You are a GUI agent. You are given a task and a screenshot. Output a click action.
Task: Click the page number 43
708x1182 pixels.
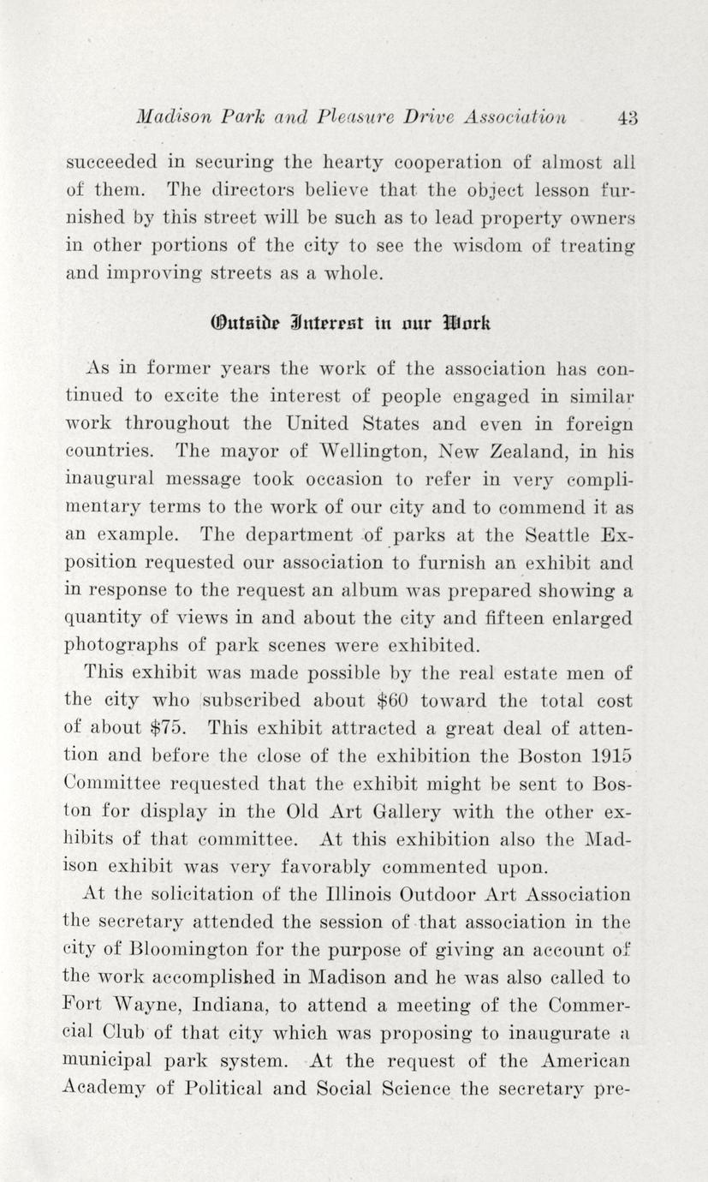tap(628, 117)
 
